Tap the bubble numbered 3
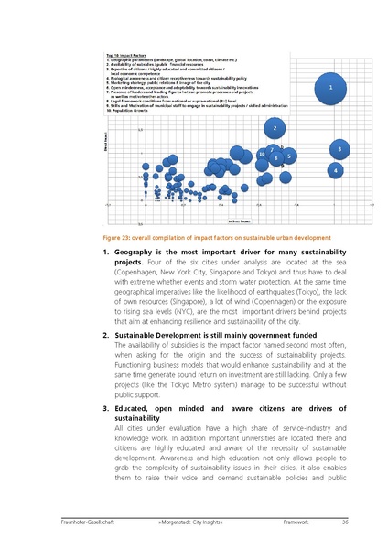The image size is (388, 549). pos(339,148)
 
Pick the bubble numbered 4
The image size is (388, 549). pos(337,169)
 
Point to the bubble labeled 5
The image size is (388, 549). pos(288,156)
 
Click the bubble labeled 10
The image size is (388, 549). pos(262,155)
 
